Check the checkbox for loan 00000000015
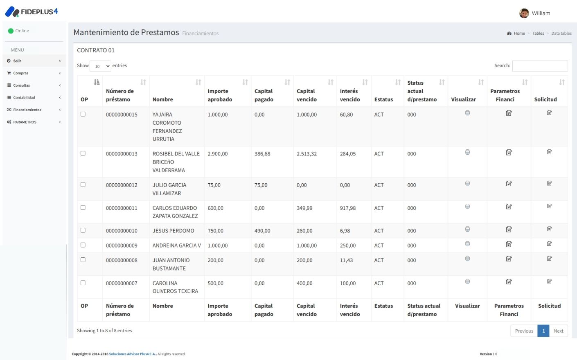(83, 114)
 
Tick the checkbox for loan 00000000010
(83, 230)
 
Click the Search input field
(540, 66)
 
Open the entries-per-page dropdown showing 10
(100, 66)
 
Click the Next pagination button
(558, 331)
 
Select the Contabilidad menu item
(24, 98)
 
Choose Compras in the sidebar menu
(21, 73)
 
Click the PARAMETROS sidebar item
(25, 122)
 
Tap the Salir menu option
(17, 61)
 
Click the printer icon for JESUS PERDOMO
(467, 229)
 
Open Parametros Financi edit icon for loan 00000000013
(509, 153)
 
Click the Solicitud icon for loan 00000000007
(549, 281)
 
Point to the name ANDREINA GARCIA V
(177, 245)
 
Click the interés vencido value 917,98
(348, 208)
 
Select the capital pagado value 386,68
(262, 154)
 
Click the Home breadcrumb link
(519, 34)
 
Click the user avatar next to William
(524, 13)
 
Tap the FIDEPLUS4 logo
(32, 12)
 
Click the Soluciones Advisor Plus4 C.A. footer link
(133, 354)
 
